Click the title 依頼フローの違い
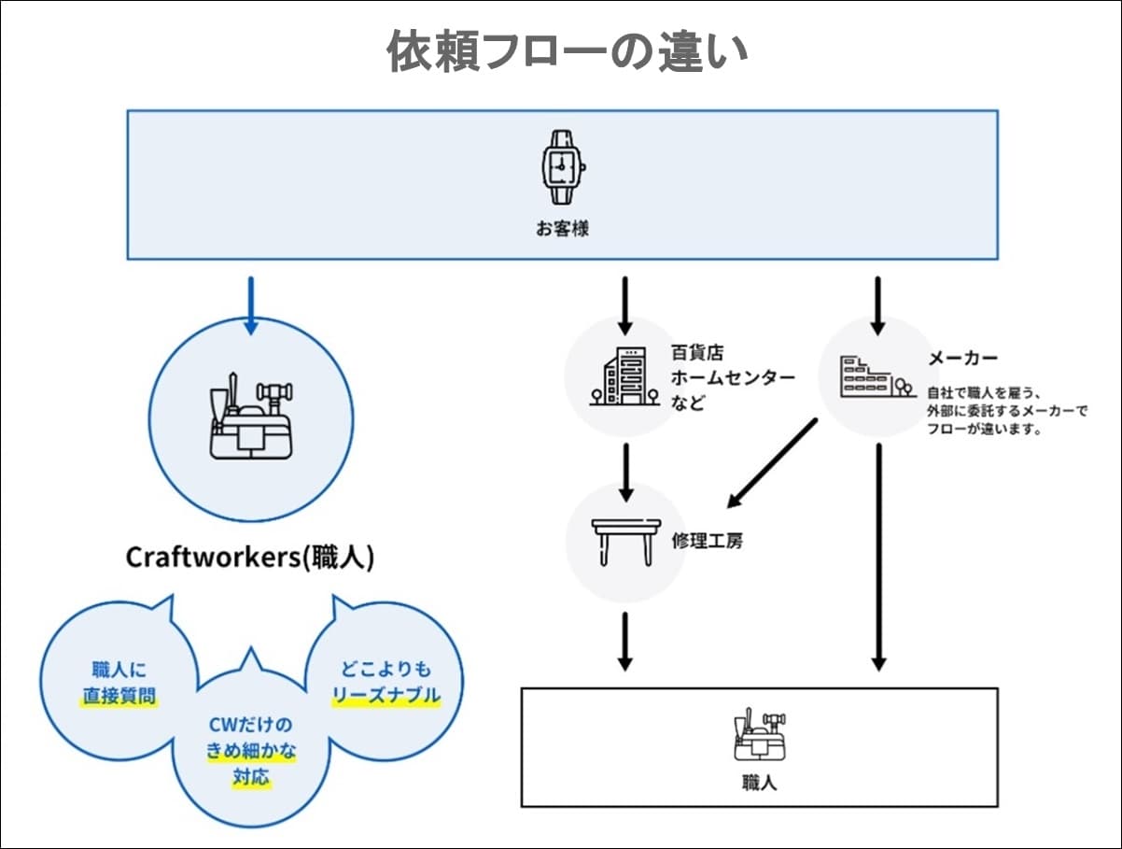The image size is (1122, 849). [x=568, y=53]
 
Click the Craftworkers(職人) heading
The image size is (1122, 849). [x=250, y=558]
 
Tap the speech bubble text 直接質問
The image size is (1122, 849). [x=119, y=696]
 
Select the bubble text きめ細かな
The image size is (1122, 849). [x=250, y=751]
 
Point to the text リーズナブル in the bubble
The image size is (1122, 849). [x=386, y=696]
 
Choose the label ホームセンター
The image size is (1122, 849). [x=733, y=378]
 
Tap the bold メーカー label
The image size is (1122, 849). [x=962, y=359]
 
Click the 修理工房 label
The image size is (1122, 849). [x=707, y=541]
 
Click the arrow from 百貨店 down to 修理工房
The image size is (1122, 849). [x=625, y=472]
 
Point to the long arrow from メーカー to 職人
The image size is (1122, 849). [x=877, y=556]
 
